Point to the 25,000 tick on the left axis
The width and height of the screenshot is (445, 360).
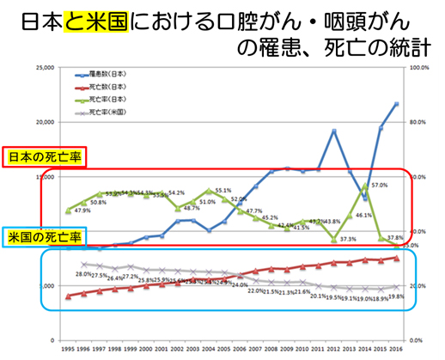coord(42,67)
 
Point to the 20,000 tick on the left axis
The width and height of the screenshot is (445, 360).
coord(42,122)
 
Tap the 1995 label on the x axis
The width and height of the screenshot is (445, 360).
coord(67,349)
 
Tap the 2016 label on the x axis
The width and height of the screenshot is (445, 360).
coord(395,349)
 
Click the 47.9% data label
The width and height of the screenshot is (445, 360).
coord(82,211)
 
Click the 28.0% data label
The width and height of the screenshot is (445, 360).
coord(83,274)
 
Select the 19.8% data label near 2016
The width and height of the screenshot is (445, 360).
coord(395,296)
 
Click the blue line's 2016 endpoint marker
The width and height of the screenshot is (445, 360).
coord(396,104)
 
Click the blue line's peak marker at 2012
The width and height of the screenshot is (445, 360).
coord(333,131)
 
